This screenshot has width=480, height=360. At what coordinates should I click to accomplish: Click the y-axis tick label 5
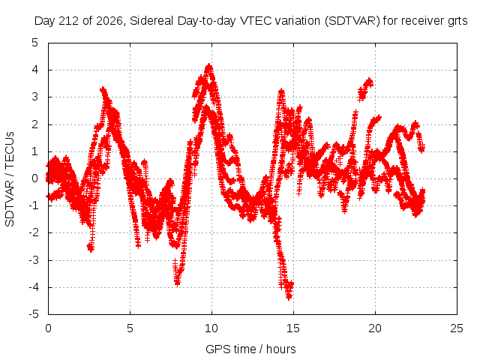point(35,43)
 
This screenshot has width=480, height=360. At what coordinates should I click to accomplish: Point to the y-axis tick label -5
point(34,314)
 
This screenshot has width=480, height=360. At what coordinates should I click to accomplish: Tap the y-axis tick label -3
point(34,260)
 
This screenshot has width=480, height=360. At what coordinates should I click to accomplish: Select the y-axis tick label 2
point(35,124)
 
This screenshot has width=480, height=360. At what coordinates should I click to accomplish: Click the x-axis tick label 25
point(457,328)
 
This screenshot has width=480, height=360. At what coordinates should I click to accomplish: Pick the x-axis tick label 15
point(293,328)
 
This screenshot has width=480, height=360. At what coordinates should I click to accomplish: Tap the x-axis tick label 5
point(130,328)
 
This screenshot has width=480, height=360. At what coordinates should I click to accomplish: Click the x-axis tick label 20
point(375,328)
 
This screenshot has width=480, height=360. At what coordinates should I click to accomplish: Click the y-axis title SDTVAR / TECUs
point(10,179)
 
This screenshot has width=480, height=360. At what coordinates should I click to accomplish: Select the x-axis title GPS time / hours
point(250,349)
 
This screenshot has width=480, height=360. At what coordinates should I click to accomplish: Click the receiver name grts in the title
point(457,21)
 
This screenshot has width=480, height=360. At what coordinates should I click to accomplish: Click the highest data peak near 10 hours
point(209,65)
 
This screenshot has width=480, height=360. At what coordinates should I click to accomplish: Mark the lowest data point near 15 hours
point(289,297)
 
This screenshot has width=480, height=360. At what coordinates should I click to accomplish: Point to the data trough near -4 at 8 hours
point(177,283)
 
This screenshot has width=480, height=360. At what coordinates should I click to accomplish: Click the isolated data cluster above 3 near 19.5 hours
point(365,88)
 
